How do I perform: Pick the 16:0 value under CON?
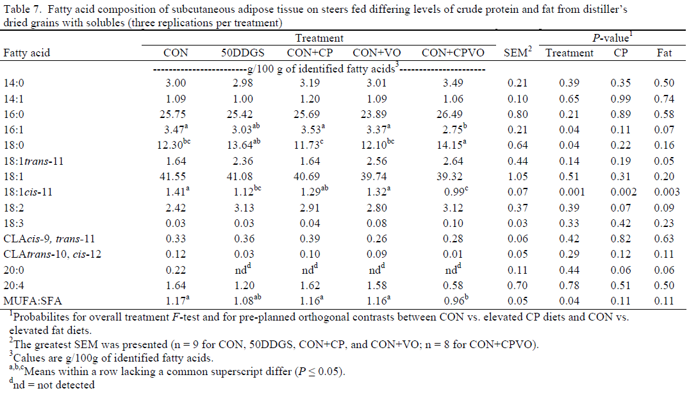[176, 114]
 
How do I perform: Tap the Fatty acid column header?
[27, 53]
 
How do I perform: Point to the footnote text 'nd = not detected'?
[53, 385]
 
